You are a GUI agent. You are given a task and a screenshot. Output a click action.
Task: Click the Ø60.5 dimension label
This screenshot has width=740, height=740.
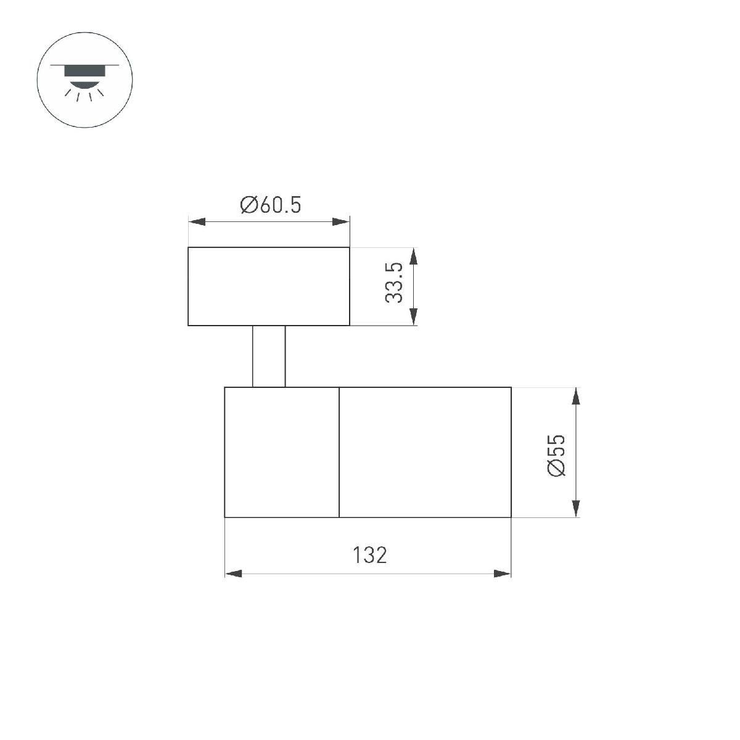point(271,205)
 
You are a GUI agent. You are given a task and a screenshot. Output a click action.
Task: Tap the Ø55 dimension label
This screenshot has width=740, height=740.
point(556,455)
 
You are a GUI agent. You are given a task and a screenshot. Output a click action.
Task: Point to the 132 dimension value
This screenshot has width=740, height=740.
point(370,555)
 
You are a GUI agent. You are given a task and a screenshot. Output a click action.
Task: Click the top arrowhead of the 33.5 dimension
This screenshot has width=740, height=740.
point(414,257)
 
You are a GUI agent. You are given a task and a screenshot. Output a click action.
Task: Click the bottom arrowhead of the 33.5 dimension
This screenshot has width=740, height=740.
point(414,316)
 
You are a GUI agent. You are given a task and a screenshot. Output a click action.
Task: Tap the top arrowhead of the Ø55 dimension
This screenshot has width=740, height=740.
point(576,396)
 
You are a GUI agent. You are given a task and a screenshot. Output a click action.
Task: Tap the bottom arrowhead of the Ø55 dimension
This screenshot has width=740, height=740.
point(576,508)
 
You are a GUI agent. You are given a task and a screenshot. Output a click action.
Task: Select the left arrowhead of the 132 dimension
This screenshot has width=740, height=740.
point(234,574)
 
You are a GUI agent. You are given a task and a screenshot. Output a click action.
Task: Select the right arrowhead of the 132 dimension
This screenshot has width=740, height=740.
point(503,574)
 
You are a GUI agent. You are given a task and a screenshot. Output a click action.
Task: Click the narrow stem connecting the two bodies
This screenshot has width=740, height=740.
point(269,356)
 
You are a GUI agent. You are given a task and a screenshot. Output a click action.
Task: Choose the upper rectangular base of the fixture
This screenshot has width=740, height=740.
point(269,286)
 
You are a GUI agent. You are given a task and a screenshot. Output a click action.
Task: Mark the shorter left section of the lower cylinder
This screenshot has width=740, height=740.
point(282,452)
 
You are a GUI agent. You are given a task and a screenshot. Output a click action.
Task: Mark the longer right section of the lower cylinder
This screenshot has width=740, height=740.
point(425,452)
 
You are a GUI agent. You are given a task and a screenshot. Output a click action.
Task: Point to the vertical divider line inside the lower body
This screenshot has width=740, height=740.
point(339,452)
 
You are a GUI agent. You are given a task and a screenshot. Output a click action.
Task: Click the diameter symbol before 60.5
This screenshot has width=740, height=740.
point(249,205)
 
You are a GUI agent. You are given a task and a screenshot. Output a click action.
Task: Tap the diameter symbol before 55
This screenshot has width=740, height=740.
point(556,469)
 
